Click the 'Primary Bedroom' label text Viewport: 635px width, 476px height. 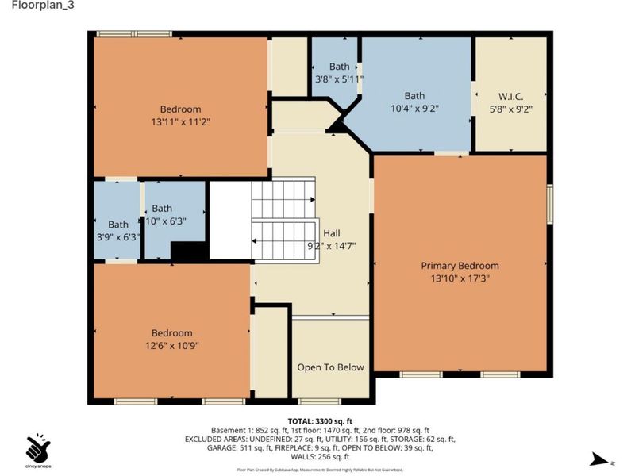point(460,266)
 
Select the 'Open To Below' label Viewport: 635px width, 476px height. point(330,367)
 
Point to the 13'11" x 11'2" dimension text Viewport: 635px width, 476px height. point(180,121)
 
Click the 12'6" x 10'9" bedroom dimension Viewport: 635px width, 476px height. point(171,345)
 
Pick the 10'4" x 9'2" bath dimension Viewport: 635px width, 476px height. point(414,108)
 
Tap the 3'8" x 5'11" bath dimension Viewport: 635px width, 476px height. point(339,79)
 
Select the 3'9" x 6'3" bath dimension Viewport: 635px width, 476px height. point(117,236)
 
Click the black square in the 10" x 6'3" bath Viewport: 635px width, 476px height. point(189,251)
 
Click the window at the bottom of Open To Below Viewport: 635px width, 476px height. point(319,401)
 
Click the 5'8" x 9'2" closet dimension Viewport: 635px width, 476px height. point(510,109)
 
